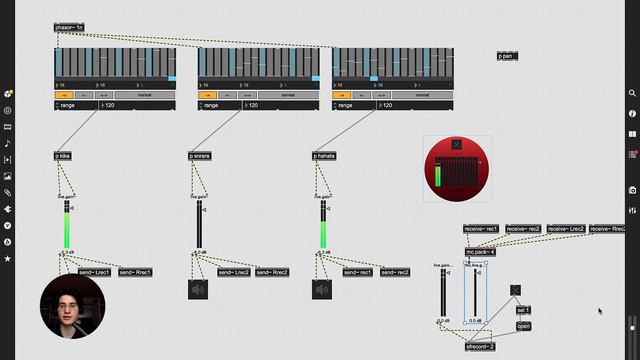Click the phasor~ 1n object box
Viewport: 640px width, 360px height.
click(x=69, y=27)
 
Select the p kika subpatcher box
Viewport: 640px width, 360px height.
click(x=64, y=156)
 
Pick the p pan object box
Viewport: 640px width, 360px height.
click(x=507, y=56)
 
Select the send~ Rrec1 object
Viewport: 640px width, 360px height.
click(x=136, y=272)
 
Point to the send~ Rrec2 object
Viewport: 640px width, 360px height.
click(x=272, y=272)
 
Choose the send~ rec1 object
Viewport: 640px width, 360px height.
click(x=358, y=272)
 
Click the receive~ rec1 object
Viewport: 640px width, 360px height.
click(x=481, y=229)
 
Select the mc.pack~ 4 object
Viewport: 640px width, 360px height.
click(x=480, y=251)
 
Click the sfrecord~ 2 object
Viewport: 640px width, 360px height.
click(x=480, y=345)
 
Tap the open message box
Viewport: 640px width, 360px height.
click(x=523, y=326)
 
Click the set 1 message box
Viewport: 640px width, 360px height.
click(x=523, y=310)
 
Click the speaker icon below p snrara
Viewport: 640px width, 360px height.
click(x=197, y=290)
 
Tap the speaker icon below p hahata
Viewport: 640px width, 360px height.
click(x=322, y=290)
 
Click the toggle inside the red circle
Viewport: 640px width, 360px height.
click(x=457, y=145)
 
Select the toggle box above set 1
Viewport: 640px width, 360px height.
click(x=515, y=290)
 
